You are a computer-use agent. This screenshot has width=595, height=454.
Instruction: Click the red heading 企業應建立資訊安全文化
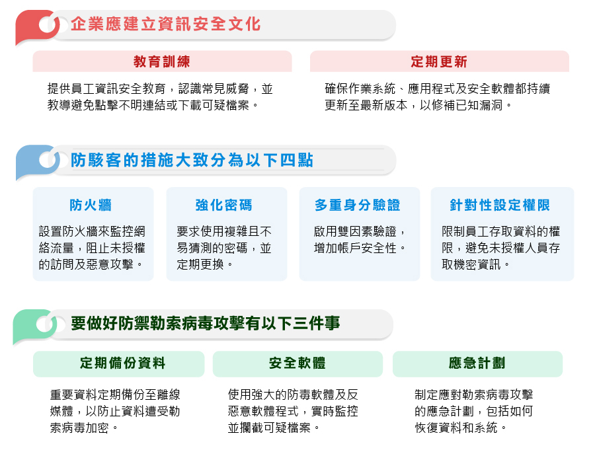click(x=165, y=24)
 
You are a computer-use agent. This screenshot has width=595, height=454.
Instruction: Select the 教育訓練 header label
click(x=162, y=61)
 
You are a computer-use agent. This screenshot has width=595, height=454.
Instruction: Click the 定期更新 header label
click(x=439, y=61)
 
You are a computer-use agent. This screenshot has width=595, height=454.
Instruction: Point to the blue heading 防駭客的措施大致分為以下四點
click(x=192, y=160)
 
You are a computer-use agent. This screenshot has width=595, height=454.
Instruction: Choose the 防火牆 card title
click(x=91, y=205)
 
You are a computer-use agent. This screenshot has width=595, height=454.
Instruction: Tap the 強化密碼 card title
click(x=224, y=205)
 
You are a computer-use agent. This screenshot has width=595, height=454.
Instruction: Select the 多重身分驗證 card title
click(x=358, y=205)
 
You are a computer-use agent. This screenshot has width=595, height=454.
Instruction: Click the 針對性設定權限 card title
click(x=500, y=205)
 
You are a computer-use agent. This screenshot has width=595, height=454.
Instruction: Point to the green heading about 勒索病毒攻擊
click(x=206, y=324)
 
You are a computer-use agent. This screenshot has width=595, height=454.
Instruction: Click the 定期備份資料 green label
click(x=122, y=363)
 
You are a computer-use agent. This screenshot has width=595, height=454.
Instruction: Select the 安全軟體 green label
click(x=297, y=363)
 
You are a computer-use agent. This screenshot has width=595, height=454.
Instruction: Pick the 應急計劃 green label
click(x=477, y=363)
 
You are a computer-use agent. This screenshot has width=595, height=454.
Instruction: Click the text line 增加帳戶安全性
click(x=360, y=248)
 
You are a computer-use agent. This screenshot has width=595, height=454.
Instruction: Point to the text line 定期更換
click(x=205, y=264)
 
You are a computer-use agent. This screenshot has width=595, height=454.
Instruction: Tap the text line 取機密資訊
click(x=476, y=264)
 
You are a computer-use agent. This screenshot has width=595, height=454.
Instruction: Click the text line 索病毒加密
click(x=84, y=428)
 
